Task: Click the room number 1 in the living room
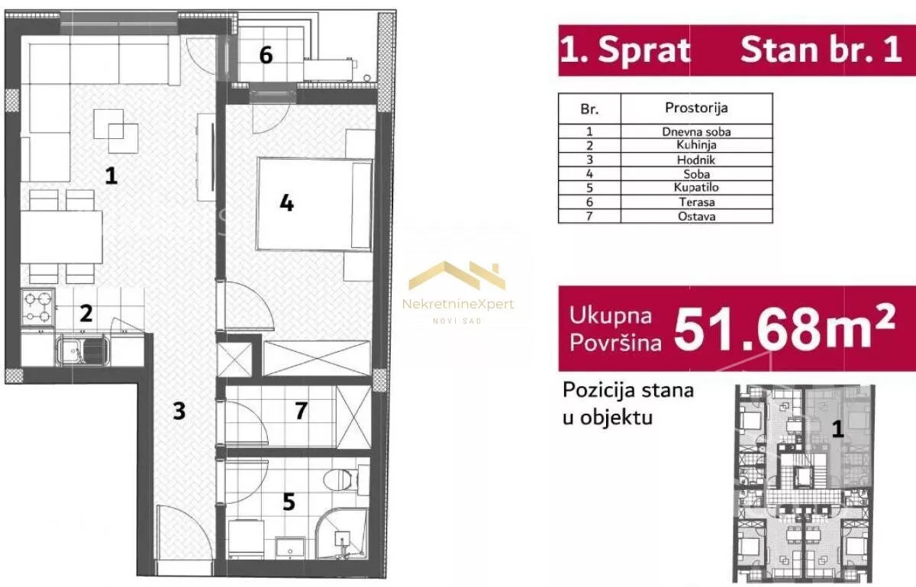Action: (x=111, y=177)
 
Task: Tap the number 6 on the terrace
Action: (x=266, y=56)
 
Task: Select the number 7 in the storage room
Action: (x=301, y=411)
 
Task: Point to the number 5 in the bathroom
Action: (x=289, y=502)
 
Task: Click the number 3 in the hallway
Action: (x=179, y=411)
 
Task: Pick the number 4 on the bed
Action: (x=286, y=204)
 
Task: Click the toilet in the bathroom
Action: (x=339, y=479)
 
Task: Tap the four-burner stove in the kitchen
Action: (x=38, y=307)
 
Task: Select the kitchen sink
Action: (x=84, y=351)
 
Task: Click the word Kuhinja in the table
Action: (x=695, y=145)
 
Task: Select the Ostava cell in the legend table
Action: (x=695, y=216)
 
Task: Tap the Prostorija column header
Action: (x=695, y=108)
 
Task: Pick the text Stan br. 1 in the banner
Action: (x=821, y=50)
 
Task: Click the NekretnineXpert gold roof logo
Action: (x=457, y=276)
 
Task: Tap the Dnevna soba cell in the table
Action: (x=695, y=131)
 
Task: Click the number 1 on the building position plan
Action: (x=837, y=430)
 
